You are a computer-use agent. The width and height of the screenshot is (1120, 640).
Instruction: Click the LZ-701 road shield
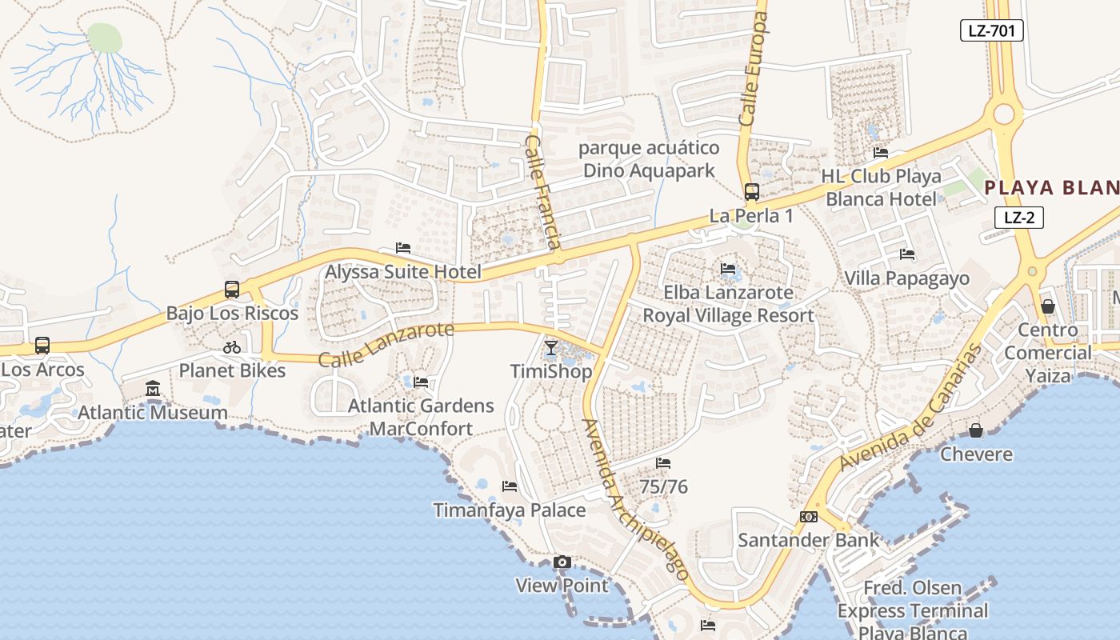coord(991,31)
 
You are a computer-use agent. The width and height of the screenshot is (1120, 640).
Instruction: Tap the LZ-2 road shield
coord(1018,217)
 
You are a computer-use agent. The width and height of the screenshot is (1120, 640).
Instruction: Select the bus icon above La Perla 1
coord(751,192)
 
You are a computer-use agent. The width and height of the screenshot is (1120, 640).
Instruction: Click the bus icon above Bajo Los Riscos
coord(232,290)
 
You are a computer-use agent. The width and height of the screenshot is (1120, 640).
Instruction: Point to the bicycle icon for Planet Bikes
coord(232,347)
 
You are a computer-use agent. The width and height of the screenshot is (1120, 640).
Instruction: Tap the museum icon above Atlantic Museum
coord(153,390)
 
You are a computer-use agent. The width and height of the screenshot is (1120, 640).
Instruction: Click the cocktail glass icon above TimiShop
coord(551,348)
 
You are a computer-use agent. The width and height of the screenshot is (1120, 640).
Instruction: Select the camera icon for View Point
coord(562,562)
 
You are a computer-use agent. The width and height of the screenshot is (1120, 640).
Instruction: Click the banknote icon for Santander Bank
coord(808,517)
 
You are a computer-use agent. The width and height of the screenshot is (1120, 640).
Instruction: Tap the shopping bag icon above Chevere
coord(976,431)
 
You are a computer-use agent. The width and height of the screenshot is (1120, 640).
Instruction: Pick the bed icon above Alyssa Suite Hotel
coord(403,249)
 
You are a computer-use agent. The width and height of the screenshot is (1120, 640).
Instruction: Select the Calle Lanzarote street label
coord(386,345)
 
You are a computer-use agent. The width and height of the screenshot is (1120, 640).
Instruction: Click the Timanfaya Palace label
coord(509,510)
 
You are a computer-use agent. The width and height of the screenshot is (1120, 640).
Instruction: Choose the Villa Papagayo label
coord(906,278)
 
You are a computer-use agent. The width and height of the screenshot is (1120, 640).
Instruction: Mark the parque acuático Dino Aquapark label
coord(648,159)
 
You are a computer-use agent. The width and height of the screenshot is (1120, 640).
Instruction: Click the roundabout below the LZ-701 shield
coord(1004,115)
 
